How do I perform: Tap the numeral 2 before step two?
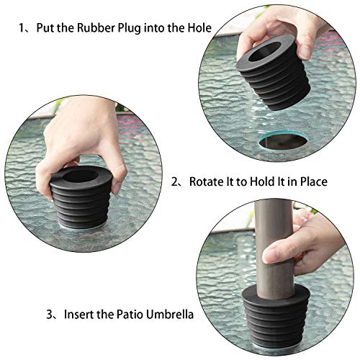(175, 182)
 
